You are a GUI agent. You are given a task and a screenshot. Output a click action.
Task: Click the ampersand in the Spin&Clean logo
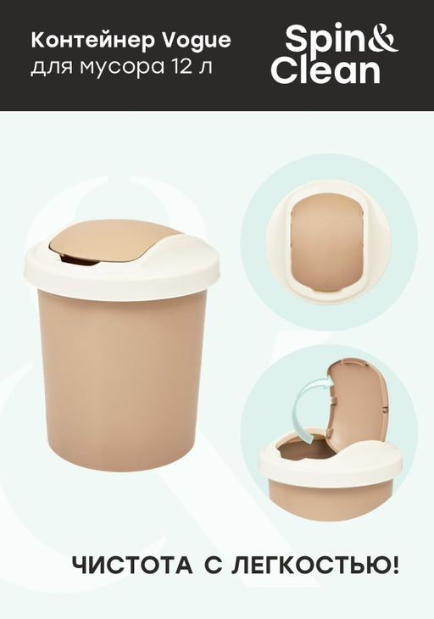pyautogui.click(x=384, y=38)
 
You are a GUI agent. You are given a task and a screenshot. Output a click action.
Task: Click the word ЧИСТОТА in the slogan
pyautogui.click(x=132, y=566)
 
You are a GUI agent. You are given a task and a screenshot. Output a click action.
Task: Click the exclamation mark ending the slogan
pyautogui.click(x=395, y=565)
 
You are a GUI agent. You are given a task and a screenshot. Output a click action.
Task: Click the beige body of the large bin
pyautogui.click(x=122, y=378)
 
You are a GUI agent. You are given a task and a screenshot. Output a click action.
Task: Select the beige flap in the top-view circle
pyautogui.click(x=326, y=242)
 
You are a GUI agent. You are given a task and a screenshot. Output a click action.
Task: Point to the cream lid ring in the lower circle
pyautogui.click(x=331, y=465)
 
